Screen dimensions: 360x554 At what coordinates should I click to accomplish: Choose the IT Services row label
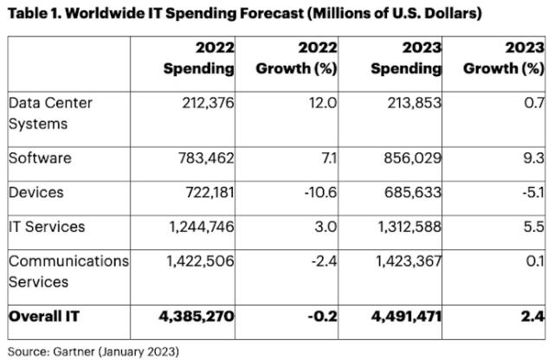coord(47,227)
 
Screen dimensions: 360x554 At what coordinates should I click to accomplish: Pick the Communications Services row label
coord(68,271)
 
